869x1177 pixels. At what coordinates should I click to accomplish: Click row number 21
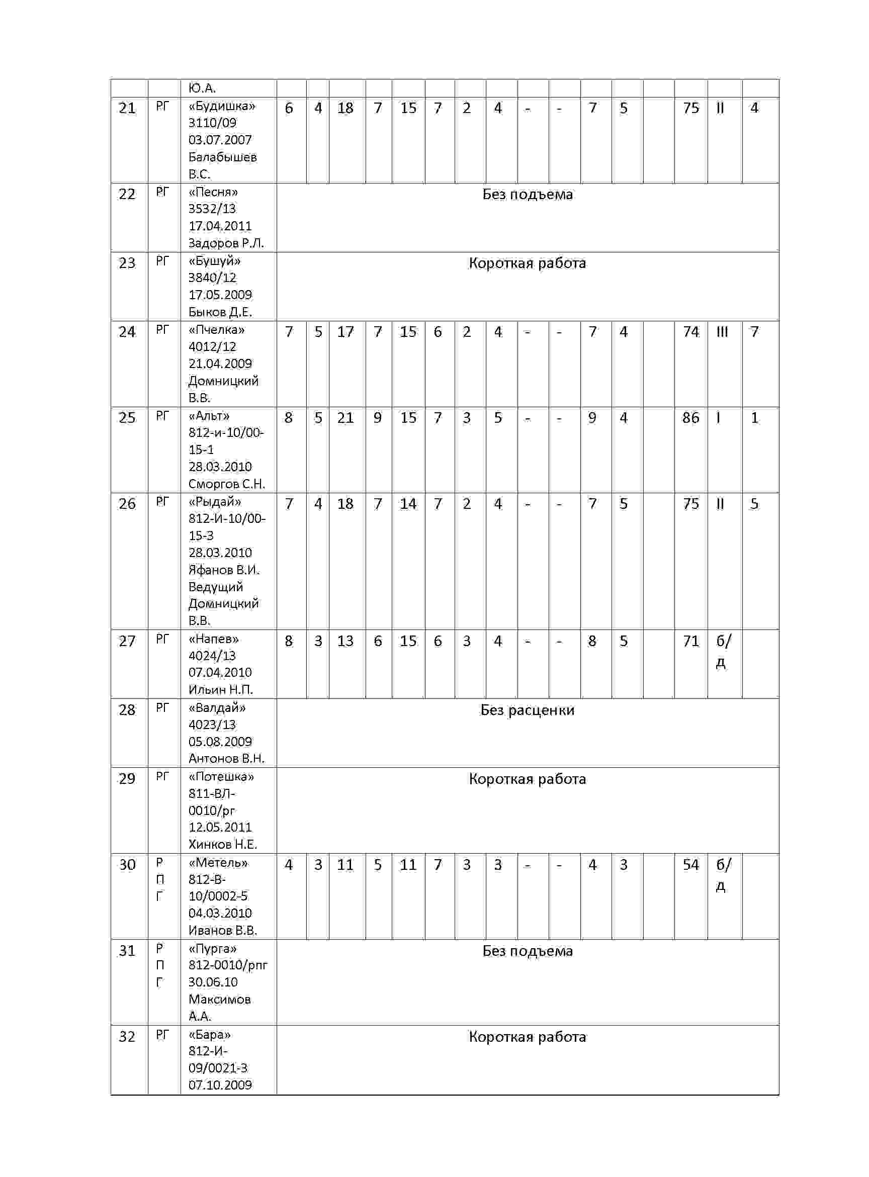pyautogui.click(x=127, y=108)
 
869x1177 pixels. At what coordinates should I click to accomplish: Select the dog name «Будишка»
pyautogui.click(x=221, y=106)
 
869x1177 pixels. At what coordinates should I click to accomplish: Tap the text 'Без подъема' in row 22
pyautogui.click(x=527, y=195)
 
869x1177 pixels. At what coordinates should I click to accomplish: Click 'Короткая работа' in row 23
pyautogui.click(x=527, y=263)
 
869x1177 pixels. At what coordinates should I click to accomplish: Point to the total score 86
pyautogui.click(x=690, y=418)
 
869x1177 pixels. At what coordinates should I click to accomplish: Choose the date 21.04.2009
pyautogui.click(x=220, y=364)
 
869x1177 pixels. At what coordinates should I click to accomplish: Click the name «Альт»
pyautogui.click(x=209, y=416)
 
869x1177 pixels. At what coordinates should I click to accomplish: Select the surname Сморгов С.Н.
pyautogui.click(x=226, y=484)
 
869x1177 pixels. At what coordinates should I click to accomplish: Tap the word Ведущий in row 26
pyautogui.click(x=216, y=587)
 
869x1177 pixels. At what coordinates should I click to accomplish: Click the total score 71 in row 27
pyautogui.click(x=690, y=641)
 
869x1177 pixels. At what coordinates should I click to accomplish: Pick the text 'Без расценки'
pyautogui.click(x=527, y=710)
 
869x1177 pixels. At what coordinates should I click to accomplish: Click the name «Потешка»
pyautogui.click(x=221, y=777)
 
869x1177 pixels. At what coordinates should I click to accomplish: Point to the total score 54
pyautogui.click(x=690, y=865)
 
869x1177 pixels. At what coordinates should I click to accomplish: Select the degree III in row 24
pyautogui.click(x=722, y=332)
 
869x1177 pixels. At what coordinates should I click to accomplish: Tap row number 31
pyautogui.click(x=127, y=951)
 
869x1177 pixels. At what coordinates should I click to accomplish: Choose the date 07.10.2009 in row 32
pyautogui.click(x=220, y=1085)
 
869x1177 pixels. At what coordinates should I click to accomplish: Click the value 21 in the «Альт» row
pyautogui.click(x=345, y=418)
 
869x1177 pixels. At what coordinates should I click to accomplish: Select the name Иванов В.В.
pyautogui.click(x=222, y=930)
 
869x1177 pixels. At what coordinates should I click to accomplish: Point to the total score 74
pyautogui.click(x=690, y=332)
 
